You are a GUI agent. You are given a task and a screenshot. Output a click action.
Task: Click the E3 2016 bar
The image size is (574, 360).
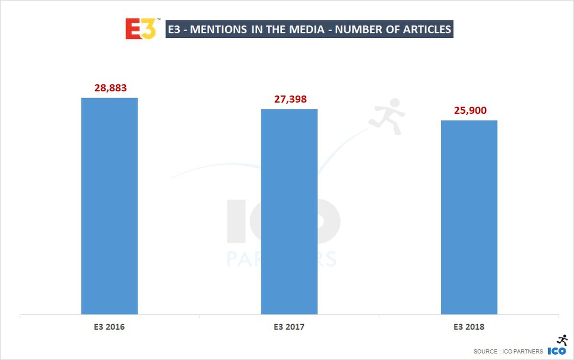(x=110, y=206)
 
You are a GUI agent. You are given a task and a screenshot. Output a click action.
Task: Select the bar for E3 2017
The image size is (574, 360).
(x=289, y=211)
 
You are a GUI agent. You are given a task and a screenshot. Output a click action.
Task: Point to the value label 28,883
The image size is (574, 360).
(x=110, y=89)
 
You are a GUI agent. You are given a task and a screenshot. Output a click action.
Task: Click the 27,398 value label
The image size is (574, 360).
(x=289, y=99)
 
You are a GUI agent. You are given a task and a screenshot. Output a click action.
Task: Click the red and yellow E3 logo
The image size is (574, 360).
(x=141, y=29)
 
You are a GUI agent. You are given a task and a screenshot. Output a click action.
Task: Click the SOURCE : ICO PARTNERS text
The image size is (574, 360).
(x=508, y=351)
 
